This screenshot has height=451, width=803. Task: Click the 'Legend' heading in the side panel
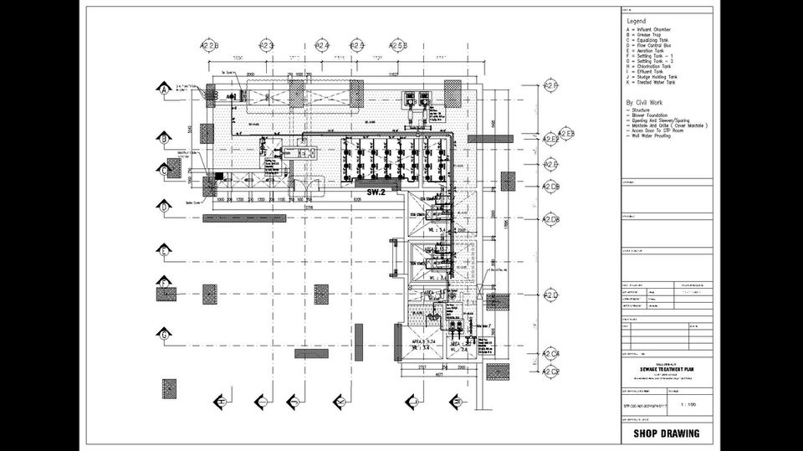(x=637, y=21)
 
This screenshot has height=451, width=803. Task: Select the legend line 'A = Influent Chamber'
(x=648, y=29)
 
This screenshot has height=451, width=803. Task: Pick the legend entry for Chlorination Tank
(x=650, y=66)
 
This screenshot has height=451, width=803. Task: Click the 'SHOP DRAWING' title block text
(x=667, y=433)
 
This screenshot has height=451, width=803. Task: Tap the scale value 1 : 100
(x=688, y=404)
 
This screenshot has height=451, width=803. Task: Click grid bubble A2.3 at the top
(x=267, y=45)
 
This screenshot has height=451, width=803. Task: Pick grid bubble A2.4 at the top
(x=322, y=45)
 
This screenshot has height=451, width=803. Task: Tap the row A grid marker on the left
(x=166, y=87)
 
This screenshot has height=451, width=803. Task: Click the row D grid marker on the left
(x=166, y=206)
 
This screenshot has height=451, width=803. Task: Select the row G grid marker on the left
(x=166, y=336)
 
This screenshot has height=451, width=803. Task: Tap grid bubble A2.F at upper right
(x=550, y=86)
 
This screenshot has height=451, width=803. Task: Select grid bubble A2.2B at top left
(x=209, y=45)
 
